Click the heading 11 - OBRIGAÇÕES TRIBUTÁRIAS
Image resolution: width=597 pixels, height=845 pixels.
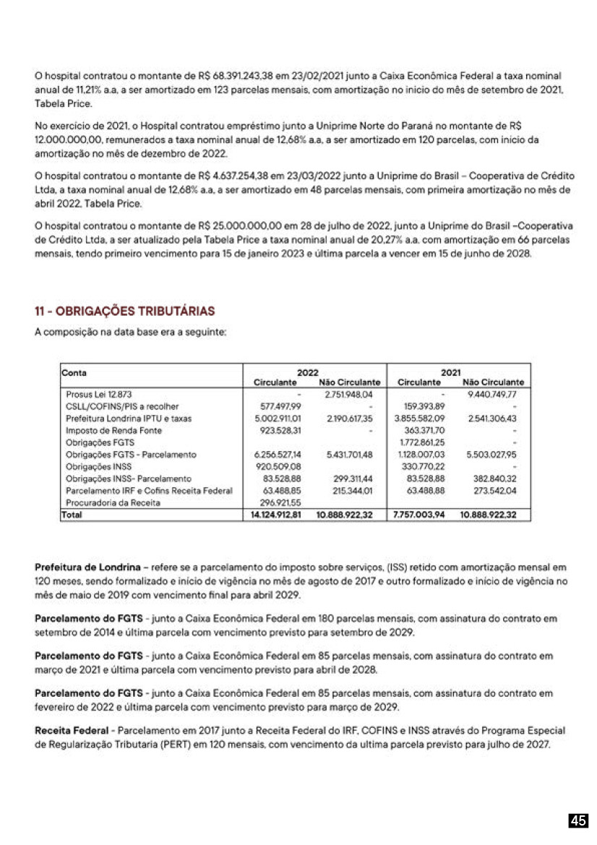[x=124, y=311]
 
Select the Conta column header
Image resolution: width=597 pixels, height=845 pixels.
[x=75, y=372]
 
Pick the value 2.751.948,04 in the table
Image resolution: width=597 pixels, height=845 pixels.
[x=348, y=395]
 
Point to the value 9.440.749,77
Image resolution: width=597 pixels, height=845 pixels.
[x=493, y=395]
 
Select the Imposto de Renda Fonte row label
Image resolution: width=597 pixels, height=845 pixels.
[x=114, y=430]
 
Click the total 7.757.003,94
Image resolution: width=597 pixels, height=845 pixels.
[x=419, y=515]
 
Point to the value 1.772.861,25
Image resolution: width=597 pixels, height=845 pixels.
[x=421, y=442]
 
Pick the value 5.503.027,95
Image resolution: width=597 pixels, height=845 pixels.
[x=493, y=455]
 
